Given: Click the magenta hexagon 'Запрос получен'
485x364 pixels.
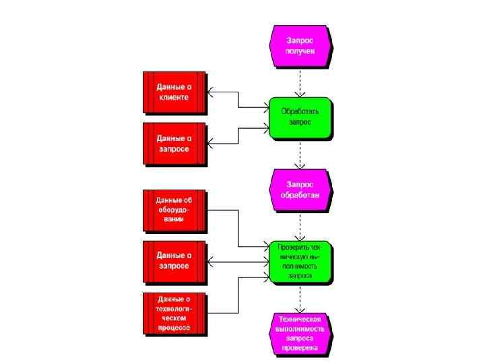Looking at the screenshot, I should click(300, 45).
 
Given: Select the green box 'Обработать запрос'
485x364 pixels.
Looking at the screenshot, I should click(300, 117).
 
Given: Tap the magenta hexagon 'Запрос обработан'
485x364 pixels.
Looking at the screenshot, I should click(300, 189).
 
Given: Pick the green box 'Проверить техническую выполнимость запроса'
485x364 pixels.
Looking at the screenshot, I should click(300, 262).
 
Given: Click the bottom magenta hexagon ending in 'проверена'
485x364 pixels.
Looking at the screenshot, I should click(300, 334).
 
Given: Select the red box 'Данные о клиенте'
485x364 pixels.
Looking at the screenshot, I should click(174, 92).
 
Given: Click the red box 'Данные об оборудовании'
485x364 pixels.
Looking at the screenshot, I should click(174, 210).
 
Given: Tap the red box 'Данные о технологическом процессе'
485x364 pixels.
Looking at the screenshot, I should click(174, 313).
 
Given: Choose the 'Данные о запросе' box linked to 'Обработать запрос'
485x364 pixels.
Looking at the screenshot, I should click(174, 143).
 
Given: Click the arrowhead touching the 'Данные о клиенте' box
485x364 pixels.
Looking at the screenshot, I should click(210, 92).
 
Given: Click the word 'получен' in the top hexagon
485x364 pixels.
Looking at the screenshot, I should click(300, 51).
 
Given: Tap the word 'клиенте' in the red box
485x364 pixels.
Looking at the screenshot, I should click(174, 97).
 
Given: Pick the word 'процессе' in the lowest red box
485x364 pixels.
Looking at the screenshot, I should click(174, 328).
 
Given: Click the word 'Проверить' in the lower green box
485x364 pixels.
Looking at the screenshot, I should click(291, 247).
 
